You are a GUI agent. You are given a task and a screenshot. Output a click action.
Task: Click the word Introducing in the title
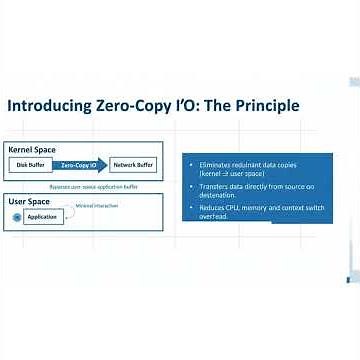click(x=49, y=106)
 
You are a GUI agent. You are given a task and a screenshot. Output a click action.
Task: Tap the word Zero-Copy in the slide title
click(x=138, y=106)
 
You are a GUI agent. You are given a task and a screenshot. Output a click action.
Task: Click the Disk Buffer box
click(x=30, y=164)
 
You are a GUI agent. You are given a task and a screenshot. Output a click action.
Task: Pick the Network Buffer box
click(x=133, y=164)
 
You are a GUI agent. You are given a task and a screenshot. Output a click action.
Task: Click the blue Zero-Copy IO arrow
click(x=81, y=164)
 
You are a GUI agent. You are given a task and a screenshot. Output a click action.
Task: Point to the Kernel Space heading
click(x=32, y=149)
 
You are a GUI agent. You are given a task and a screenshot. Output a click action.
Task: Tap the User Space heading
click(x=29, y=202)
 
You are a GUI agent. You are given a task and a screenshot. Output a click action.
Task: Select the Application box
click(x=42, y=217)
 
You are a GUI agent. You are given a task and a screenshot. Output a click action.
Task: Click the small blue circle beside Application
click(x=16, y=217)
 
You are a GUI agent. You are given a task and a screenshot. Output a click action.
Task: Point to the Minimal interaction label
click(x=96, y=206)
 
